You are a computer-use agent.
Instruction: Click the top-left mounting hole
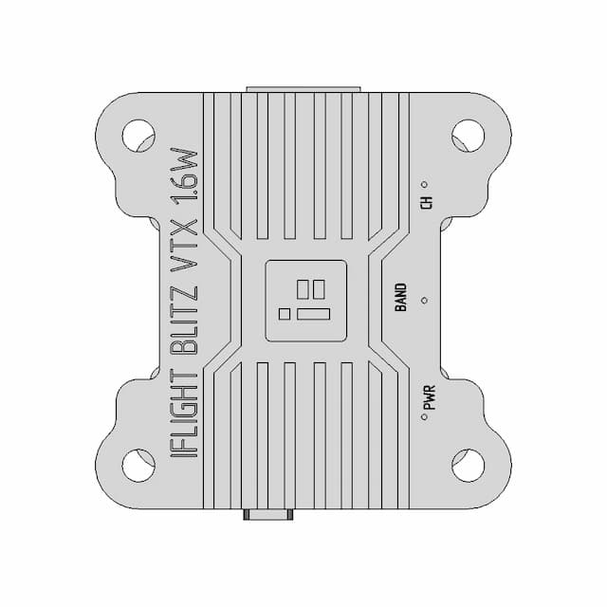139,136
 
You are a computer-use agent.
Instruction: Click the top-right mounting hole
467,136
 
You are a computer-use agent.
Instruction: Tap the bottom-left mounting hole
139,466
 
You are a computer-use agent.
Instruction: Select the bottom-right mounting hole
467,466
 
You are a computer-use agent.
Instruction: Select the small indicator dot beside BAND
424,300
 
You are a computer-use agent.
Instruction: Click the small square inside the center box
285,311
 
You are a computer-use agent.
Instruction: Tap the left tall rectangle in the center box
303,288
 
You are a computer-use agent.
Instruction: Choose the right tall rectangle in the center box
320,288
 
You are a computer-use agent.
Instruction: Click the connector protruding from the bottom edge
268,517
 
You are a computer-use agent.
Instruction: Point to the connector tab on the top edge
303,90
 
